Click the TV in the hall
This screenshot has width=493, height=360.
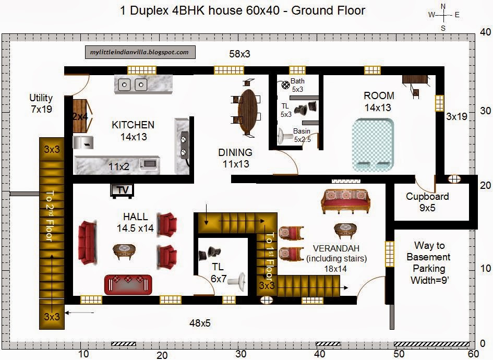point(122,190)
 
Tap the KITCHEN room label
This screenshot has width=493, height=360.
point(133,125)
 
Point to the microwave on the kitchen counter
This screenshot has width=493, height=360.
point(148,163)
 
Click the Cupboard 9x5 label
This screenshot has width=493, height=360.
point(427,202)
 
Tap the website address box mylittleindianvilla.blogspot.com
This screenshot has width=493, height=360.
point(140,52)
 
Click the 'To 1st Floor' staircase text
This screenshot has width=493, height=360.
point(270,256)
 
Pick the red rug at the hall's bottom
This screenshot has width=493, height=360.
point(128,284)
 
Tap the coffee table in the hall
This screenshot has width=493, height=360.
point(124,251)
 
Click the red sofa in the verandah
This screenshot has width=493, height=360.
point(345,202)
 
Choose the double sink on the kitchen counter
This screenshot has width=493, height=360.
point(133,85)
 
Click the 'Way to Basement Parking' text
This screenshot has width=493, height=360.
point(428,262)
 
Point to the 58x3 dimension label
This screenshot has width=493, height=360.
point(239,54)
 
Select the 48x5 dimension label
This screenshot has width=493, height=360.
point(200,323)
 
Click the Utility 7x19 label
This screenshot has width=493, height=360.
point(41,103)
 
